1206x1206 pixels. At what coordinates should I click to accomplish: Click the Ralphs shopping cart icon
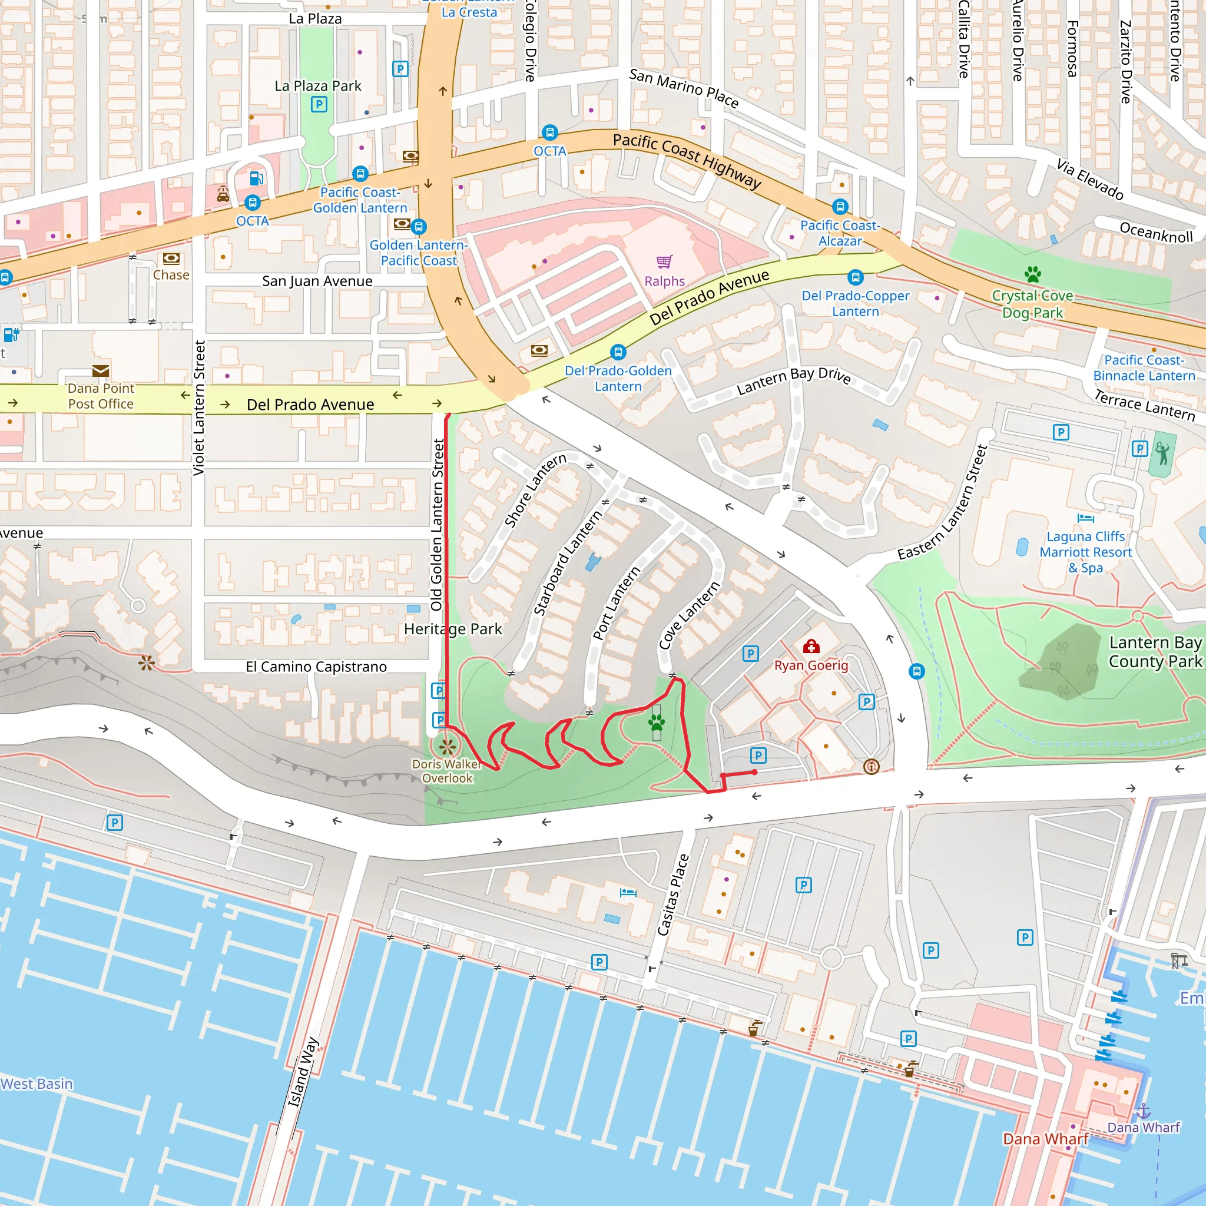coord(664,261)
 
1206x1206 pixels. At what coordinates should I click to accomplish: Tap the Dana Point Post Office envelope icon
coord(101,371)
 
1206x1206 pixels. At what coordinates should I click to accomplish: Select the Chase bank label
coord(171,274)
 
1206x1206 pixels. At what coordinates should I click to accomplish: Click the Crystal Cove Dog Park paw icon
coord(1032,273)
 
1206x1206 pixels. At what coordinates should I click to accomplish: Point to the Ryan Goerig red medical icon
coord(811,646)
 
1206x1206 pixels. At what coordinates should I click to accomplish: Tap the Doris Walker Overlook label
coord(446,771)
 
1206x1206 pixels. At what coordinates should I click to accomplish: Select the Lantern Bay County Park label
coord(1154,652)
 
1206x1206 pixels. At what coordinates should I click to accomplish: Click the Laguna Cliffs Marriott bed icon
coord(1085,518)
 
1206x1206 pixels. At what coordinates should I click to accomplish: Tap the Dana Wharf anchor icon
coord(1142,1111)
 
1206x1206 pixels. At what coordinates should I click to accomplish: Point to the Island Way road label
coord(303,1072)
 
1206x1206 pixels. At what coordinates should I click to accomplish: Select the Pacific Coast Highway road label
coord(687,160)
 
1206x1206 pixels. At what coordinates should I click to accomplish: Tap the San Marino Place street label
coord(684,88)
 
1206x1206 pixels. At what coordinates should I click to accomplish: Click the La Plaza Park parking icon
coord(319,104)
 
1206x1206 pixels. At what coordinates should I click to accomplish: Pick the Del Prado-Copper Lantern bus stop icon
coord(855,277)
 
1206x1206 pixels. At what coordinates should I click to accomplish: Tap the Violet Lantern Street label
coord(199,407)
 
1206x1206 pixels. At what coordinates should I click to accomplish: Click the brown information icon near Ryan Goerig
coord(871,767)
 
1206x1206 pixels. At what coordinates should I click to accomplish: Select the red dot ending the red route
coord(755,772)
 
